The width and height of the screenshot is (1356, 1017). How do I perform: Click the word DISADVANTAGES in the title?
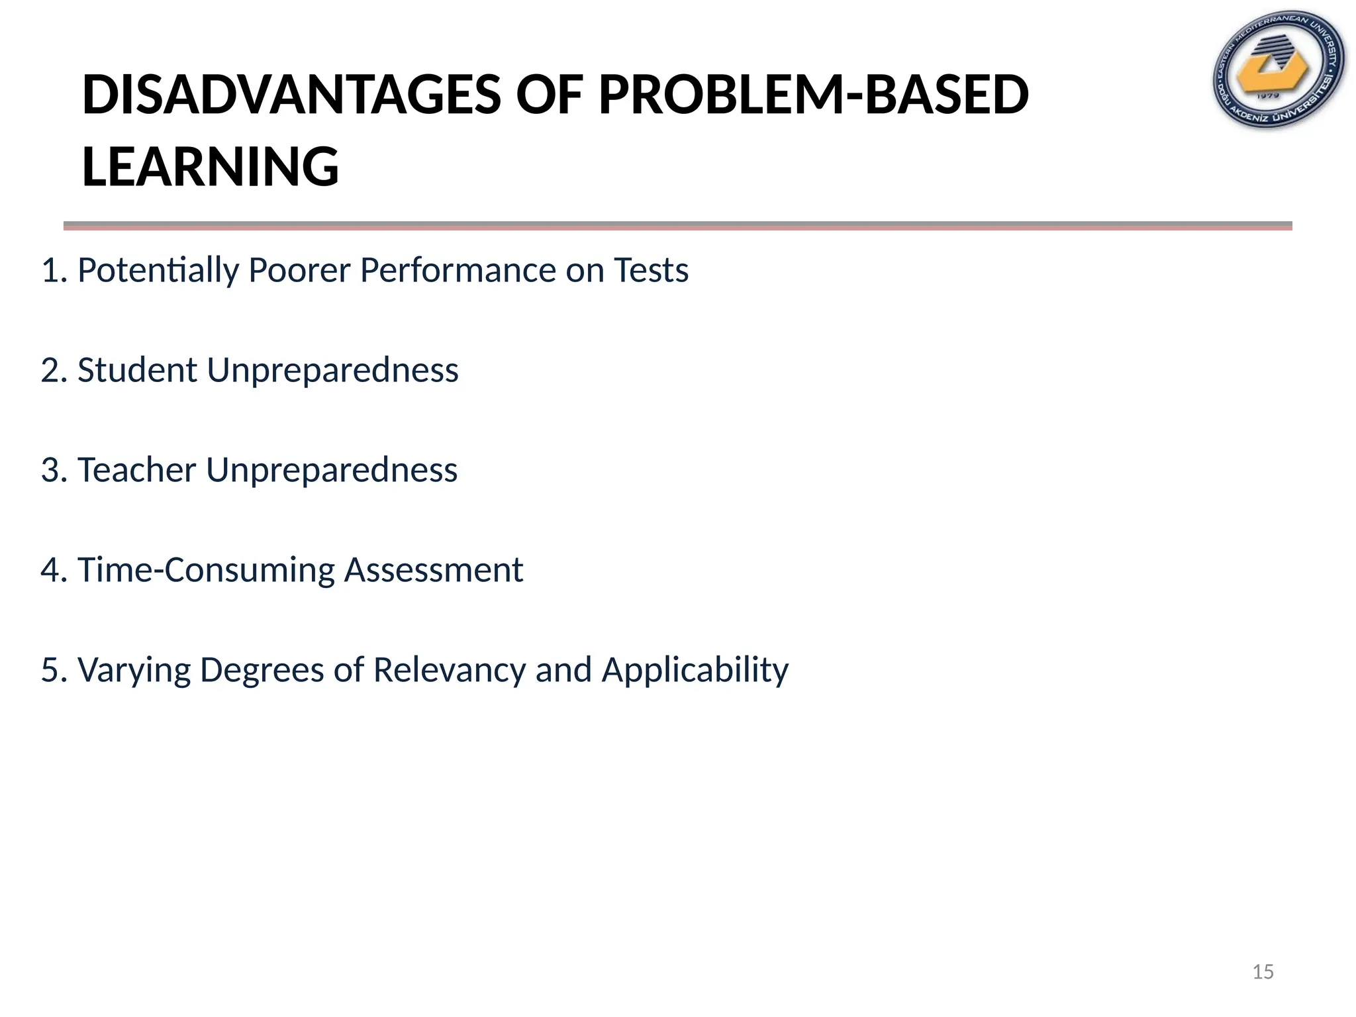click(x=291, y=95)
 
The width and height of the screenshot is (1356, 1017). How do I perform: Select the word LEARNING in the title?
click(x=210, y=166)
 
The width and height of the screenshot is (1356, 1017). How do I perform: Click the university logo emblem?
click(x=1278, y=70)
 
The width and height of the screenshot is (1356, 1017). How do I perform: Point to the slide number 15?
click(x=1263, y=972)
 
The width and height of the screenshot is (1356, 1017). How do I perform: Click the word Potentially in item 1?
click(x=158, y=271)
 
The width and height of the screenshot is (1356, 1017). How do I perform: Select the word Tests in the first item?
click(x=651, y=271)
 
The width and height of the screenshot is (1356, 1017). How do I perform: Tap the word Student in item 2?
click(x=137, y=370)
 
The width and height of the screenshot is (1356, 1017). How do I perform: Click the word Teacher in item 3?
click(x=137, y=470)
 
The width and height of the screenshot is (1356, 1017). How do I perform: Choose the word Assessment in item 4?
click(x=434, y=570)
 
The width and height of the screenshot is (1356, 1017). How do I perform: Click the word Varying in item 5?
click(x=134, y=670)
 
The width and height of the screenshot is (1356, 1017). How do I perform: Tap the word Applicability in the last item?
click(x=695, y=670)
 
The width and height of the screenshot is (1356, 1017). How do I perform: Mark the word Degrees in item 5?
click(x=262, y=670)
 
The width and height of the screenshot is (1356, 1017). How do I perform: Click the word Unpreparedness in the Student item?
click(x=332, y=370)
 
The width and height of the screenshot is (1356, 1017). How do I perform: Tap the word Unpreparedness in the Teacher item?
click(x=332, y=470)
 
